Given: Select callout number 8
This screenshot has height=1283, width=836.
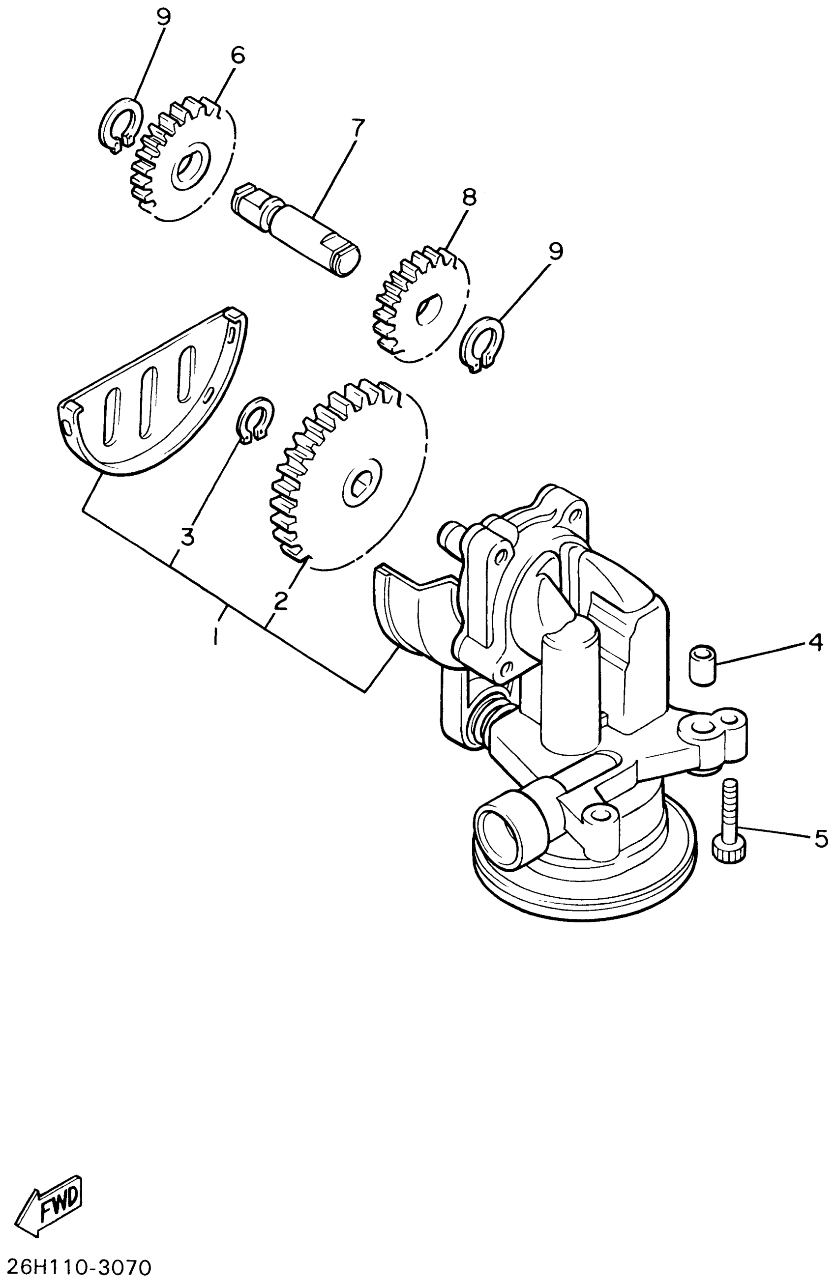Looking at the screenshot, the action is [x=469, y=198].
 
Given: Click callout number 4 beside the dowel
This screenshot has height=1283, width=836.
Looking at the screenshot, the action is [x=815, y=642].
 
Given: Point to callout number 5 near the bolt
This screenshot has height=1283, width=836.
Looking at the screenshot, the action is [x=819, y=838].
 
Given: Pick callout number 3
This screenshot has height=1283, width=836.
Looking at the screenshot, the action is [x=187, y=537].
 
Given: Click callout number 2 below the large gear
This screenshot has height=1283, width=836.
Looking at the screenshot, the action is [x=280, y=601].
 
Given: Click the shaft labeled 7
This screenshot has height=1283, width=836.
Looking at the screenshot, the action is [x=296, y=229].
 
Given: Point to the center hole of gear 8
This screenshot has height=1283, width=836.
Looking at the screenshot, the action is [x=429, y=310].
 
